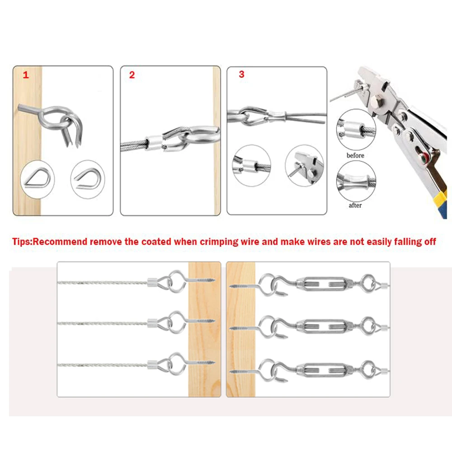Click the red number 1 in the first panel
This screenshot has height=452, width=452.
tap(26, 75)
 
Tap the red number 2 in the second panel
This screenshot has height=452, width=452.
tap(132, 75)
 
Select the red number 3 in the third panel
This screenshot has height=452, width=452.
tap(241, 75)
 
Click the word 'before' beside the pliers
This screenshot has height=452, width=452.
tap(355, 155)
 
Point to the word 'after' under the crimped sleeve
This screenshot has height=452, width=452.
tap(355, 205)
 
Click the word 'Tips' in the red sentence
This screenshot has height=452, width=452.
tap(21, 241)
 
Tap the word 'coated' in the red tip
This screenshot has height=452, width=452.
tap(156, 241)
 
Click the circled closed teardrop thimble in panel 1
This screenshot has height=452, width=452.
tap(38, 179)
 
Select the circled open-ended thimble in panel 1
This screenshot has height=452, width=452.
tap(88, 179)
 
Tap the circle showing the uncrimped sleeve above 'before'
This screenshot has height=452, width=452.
tap(356, 130)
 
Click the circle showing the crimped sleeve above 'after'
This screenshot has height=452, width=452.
tap(356, 181)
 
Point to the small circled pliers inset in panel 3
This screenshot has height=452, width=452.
tap(304, 165)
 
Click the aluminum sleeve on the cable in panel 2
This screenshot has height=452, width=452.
tap(153, 143)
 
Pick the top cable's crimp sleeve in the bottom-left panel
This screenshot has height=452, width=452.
tap(152, 282)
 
